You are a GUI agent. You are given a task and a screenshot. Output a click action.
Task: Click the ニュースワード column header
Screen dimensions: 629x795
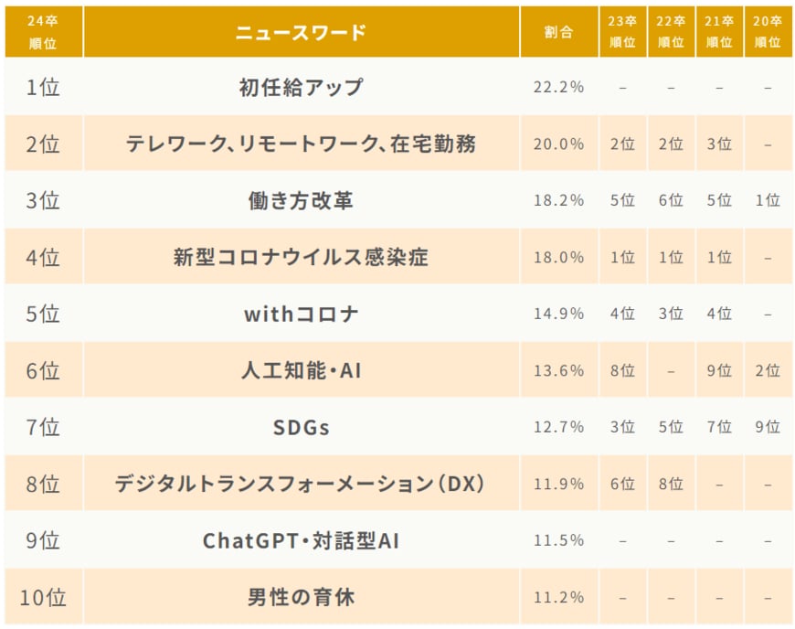point(301,32)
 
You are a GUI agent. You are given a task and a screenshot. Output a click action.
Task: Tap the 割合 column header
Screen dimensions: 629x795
point(558,32)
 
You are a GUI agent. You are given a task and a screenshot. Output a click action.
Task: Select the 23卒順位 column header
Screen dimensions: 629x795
point(622,32)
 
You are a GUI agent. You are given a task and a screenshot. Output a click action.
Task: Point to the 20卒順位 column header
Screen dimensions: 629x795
point(768,32)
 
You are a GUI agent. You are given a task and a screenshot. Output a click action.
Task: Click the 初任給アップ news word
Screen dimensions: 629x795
point(301,88)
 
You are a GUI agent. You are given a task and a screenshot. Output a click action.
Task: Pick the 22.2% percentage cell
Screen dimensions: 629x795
point(558,88)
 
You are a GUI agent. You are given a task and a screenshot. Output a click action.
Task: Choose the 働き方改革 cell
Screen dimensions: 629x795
point(301,200)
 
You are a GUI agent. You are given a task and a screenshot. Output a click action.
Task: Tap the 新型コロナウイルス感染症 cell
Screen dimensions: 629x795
point(301,257)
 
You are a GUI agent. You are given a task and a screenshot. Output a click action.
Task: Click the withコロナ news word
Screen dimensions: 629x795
point(301,314)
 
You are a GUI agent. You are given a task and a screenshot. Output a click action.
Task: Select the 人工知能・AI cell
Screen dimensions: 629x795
point(301,370)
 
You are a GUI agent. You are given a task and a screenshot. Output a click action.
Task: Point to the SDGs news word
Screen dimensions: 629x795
point(301,427)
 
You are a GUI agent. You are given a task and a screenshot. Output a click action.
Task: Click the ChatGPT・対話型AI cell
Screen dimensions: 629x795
point(301,540)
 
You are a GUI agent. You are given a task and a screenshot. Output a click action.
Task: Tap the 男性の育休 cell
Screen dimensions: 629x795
point(301,597)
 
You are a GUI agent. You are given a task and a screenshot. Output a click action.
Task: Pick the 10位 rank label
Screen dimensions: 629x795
point(43,597)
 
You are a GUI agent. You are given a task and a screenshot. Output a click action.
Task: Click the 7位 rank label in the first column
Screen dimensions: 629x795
point(43,427)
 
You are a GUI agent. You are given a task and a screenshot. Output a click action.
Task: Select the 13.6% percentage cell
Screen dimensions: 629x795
point(558,370)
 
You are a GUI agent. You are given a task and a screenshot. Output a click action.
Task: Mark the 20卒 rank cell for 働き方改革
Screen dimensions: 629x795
point(768,200)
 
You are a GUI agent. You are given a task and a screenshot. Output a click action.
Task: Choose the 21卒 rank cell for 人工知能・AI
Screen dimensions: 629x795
point(719,370)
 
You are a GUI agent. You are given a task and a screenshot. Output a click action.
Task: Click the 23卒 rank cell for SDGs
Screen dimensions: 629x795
point(622,427)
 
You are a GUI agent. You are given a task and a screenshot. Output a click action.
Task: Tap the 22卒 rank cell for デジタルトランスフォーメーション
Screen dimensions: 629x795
point(671,484)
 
